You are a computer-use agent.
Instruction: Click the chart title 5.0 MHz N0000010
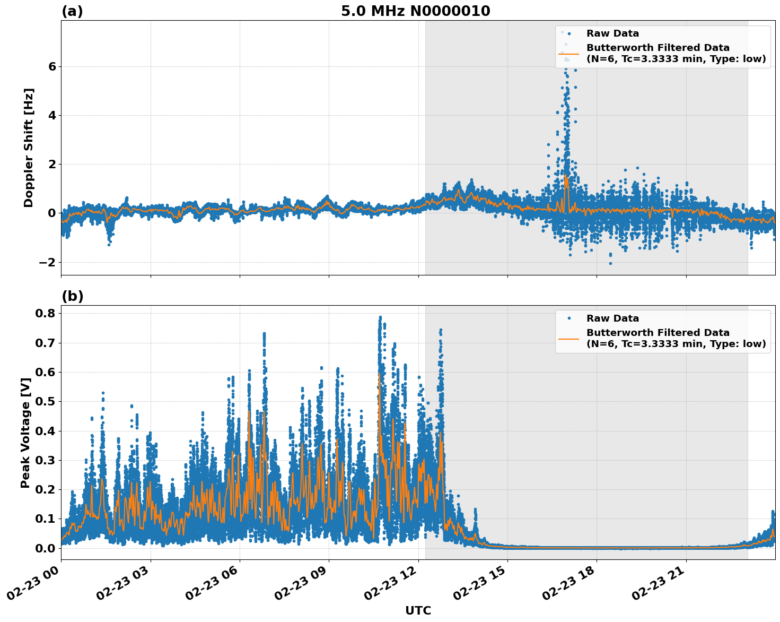point(415,11)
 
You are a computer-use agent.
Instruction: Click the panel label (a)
point(72,11)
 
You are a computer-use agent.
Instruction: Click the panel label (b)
point(73,296)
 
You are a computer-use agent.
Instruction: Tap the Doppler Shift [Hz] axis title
point(29,148)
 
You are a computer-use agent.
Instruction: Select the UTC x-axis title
point(418,610)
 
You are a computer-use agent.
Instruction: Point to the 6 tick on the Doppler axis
point(52,66)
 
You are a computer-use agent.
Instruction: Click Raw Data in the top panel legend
point(612,33)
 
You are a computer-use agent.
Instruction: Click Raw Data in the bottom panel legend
point(612,318)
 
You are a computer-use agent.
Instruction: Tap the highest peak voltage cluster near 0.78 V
point(380,318)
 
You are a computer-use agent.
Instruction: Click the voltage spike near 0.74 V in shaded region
point(440,331)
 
